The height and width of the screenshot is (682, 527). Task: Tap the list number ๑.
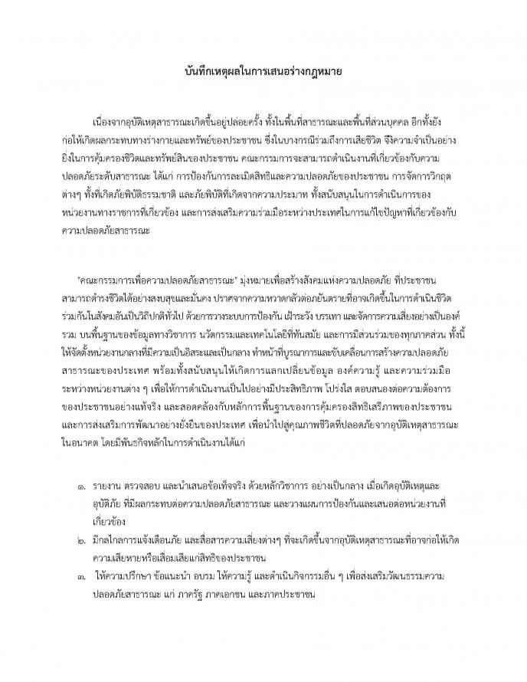click(x=83, y=486)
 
